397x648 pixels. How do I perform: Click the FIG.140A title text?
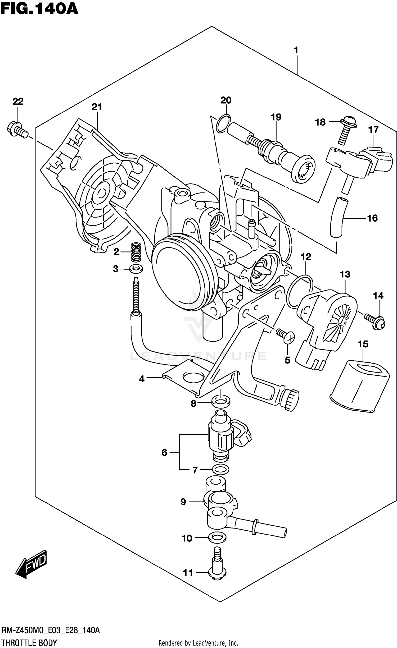(x=39, y=8)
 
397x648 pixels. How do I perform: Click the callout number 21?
(x=97, y=107)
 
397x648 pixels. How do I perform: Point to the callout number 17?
(x=373, y=130)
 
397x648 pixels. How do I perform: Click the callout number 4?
(x=142, y=379)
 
